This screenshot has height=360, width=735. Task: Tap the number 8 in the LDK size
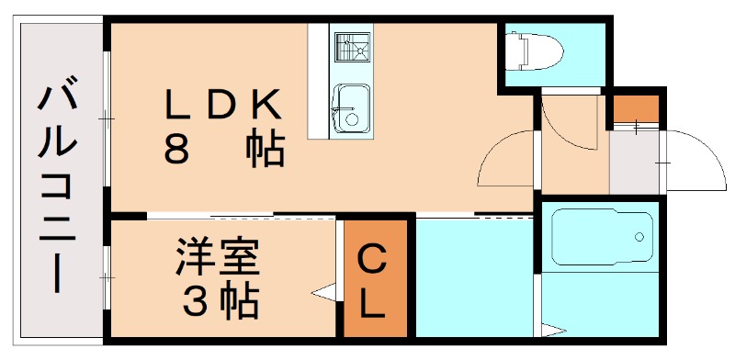pyautogui.click(x=176, y=150)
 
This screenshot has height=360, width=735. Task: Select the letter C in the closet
pyautogui.click(x=371, y=261)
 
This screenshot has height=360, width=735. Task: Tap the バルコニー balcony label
pyautogui.click(x=57, y=188)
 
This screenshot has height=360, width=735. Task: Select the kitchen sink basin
pyautogui.click(x=351, y=105)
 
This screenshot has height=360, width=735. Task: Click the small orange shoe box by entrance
pyautogui.click(x=636, y=108)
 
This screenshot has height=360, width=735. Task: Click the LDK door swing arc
pyautogui.click(x=501, y=156)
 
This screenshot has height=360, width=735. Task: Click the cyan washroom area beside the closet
pyautogui.click(x=474, y=276)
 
